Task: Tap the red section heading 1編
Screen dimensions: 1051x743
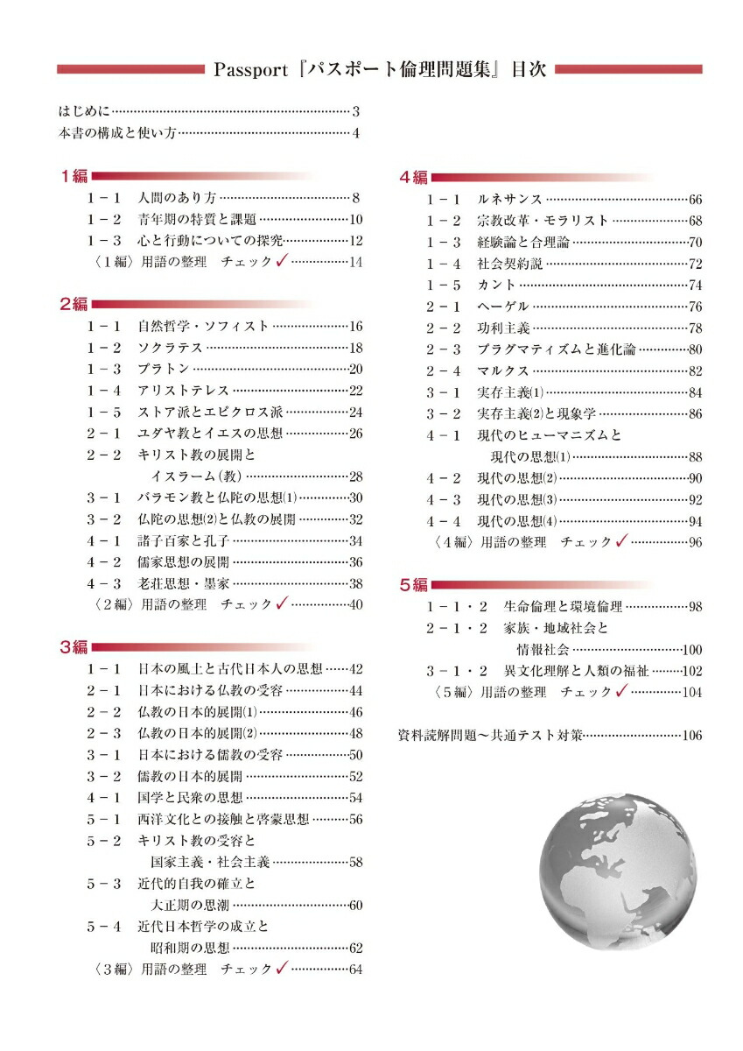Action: [74, 176]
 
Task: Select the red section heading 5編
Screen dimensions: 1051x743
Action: [414, 584]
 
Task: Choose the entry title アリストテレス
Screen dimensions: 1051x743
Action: [183, 391]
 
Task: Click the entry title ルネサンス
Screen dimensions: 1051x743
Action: [510, 200]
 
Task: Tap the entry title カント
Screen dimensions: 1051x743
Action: [496, 285]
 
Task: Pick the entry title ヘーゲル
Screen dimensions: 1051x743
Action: [503, 307]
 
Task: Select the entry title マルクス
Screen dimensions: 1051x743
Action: [503, 370]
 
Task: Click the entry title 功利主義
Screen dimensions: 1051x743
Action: [503, 328]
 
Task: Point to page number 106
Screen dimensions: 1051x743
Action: [691, 736]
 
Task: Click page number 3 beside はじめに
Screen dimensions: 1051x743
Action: [356, 111]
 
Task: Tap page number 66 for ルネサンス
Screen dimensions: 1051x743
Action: [695, 200]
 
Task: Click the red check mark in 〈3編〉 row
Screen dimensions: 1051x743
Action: [282, 969]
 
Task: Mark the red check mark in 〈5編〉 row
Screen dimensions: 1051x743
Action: [621, 691]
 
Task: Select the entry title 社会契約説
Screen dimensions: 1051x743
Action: [509, 264]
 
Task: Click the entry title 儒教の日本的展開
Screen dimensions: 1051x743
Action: [190, 776]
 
